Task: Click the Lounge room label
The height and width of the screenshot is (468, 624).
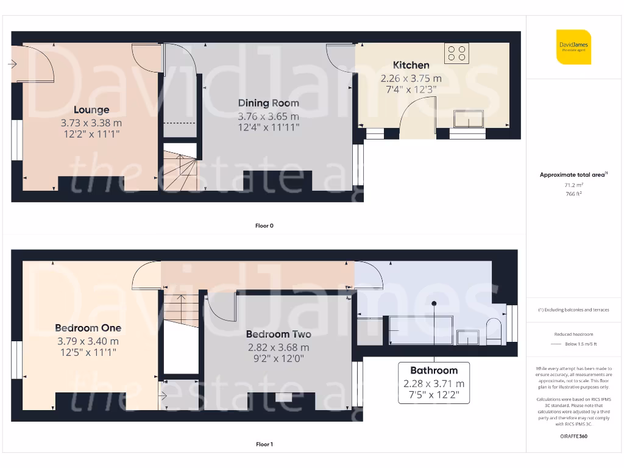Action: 91,110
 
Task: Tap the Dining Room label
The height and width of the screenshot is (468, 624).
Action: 268,103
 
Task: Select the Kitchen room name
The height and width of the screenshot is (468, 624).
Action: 411,65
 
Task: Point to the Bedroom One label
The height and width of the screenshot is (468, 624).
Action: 88,328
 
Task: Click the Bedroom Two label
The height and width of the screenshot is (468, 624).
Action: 278,335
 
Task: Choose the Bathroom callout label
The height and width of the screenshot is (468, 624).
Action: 433,370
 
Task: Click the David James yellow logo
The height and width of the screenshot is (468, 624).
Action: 573,47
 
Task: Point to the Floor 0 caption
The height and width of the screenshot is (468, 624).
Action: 264,226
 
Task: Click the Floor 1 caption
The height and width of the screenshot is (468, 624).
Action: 264,445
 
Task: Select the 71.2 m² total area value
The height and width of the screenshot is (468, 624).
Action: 573,184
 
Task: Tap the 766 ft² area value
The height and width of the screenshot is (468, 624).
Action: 573,194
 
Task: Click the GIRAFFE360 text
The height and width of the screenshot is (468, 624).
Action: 573,436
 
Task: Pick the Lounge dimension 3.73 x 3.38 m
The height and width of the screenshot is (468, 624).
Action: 91,123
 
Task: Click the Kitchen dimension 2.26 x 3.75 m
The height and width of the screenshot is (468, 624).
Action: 411,79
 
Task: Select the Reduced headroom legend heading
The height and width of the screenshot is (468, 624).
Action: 573,335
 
